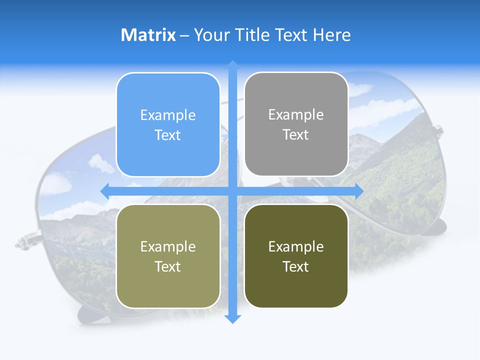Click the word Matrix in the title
[148, 35]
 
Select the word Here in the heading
[332, 35]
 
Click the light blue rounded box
[168, 124]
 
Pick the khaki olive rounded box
[168, 256]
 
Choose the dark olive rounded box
[296, 256]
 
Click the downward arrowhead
[232, 318]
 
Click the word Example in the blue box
[168, 115]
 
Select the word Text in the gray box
[296, 135]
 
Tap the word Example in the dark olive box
[296, 246]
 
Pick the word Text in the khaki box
[168, 266]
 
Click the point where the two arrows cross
[232, 190]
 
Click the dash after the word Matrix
[184, 35]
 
